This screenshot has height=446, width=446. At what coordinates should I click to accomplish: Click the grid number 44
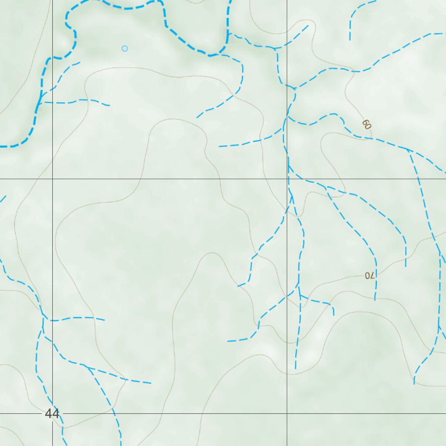click(x=52, y=413)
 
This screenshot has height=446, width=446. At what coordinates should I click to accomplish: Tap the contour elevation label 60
click(x=366, y=125)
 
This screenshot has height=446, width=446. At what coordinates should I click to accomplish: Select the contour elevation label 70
click(x=369, y=275)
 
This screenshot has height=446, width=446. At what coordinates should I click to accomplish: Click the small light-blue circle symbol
click(x=125, y=48)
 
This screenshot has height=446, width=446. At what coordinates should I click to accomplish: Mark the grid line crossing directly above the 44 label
click(x=52, y=179)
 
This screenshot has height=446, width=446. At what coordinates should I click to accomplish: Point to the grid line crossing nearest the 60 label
click(x=287, y=179)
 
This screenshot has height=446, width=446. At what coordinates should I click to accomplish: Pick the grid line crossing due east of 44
click(x=287, y=413)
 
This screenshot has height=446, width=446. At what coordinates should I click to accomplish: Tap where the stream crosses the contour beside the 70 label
click(x=376, y=275)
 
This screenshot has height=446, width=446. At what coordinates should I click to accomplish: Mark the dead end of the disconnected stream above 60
click(x=350, y=40)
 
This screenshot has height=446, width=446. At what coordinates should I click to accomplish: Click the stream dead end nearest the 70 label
click(x=375, y=300)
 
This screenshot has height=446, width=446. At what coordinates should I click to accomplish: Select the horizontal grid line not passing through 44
click(x=174, y=179)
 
